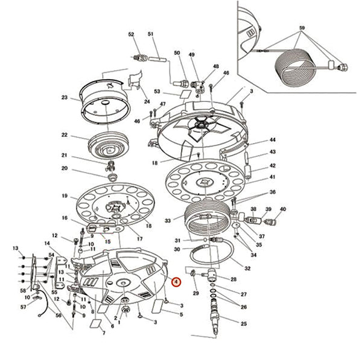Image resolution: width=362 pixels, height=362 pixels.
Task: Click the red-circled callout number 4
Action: (x=176, y=282)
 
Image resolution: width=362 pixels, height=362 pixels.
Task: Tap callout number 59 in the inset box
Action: (x=302, y=28)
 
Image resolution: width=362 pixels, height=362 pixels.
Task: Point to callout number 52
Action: (x=131, y=34)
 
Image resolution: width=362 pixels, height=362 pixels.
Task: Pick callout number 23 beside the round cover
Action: (x=65, y=97)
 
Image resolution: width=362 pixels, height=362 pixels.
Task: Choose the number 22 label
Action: (x=65, y=135)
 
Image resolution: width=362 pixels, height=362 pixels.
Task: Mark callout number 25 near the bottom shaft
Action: (x=244, y=324)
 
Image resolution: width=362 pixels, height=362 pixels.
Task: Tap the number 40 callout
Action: (x=283, y=209)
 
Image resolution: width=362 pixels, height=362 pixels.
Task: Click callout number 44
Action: (x=273, y=140)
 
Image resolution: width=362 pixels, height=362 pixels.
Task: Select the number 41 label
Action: (x=273, y=177)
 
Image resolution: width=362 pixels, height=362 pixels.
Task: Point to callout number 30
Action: (x=177, y=249)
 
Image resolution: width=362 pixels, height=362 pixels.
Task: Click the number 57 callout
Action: (x=23, y=307)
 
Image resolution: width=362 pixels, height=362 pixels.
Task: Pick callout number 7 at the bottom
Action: (x=103, y=333)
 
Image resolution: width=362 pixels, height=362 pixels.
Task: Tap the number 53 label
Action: (x=157, y=92)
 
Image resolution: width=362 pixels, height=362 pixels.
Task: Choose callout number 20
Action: (x=65, y=168)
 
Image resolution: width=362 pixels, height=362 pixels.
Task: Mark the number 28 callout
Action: (x=233, y=279)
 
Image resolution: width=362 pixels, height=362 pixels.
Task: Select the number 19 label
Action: (x=65, y=196)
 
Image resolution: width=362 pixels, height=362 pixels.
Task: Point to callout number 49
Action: (x=192, y=55)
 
